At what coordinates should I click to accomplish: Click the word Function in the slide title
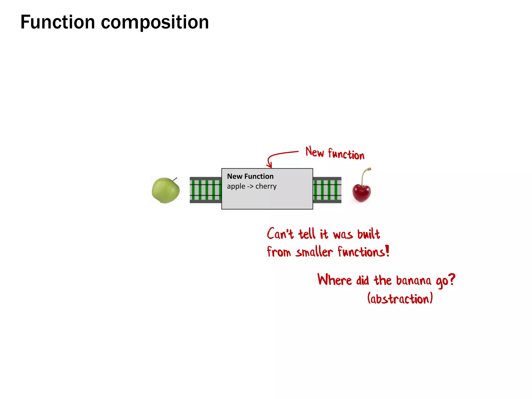57,22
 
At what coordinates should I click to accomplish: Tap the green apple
165,190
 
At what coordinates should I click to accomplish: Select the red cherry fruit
362,192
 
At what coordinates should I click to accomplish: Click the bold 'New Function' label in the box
250,176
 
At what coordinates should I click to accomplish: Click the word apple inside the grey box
236,186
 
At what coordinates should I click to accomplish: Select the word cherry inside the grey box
266,186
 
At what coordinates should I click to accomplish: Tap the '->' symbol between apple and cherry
250,187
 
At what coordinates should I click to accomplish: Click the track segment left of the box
205,190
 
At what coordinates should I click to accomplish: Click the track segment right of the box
327,190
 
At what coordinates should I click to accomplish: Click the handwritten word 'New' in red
315,152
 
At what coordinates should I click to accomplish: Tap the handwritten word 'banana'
414,281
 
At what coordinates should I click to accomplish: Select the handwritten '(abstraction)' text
400,298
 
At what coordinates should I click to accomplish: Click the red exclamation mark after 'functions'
387,251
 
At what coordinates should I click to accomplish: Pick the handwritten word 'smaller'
314,252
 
